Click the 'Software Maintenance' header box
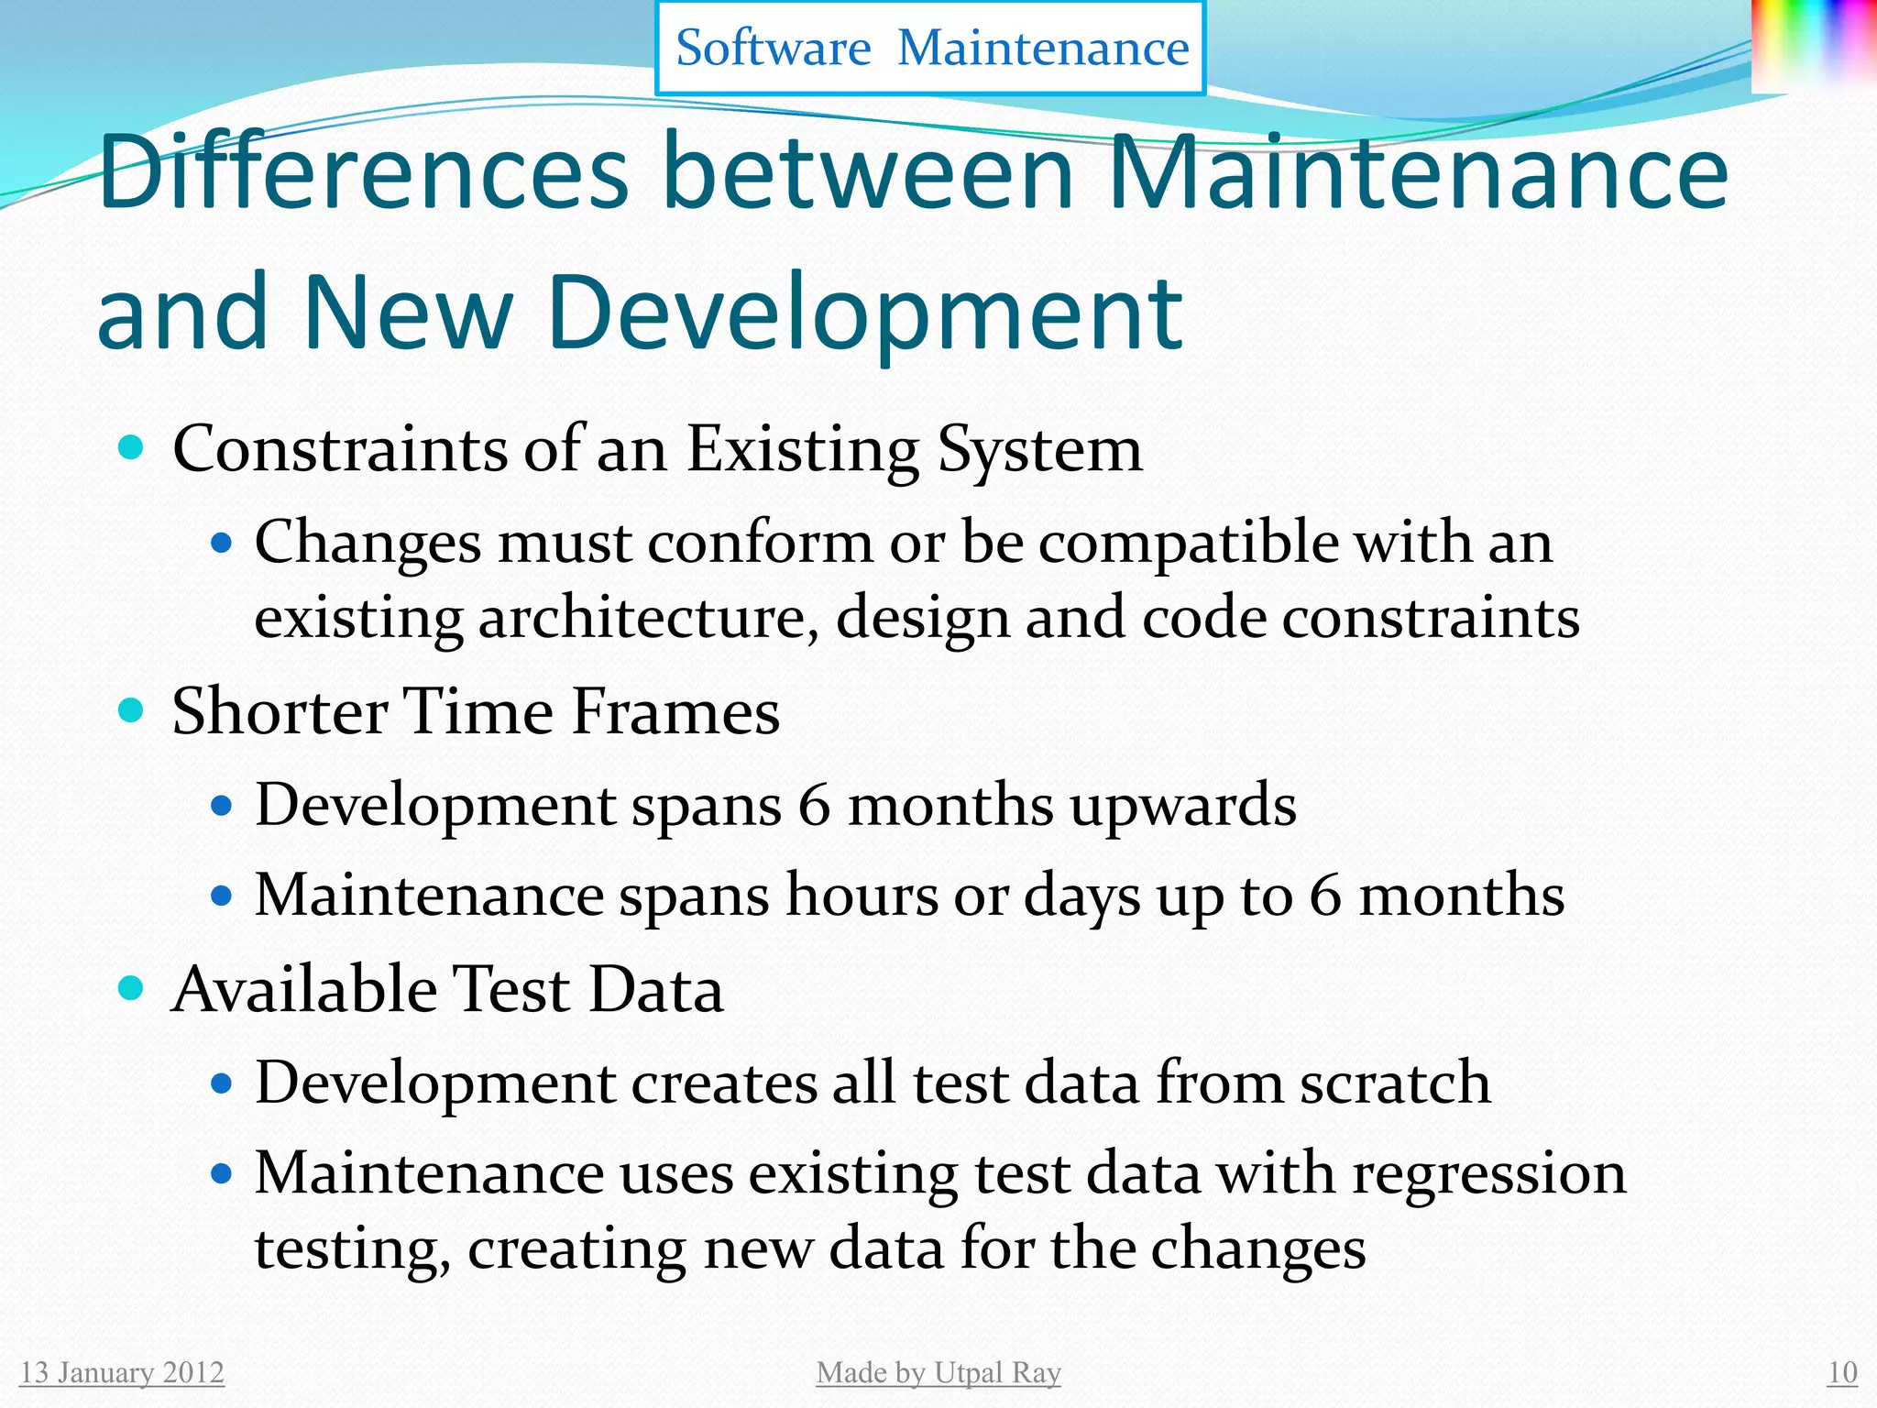click(x=930, y=48)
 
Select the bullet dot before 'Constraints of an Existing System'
click(x=132, y=448)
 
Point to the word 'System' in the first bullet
click(x=1040, y=450)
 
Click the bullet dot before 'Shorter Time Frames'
click(x=132, y=710)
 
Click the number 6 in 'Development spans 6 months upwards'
click(x=814, y=805)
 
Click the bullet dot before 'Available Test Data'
click(x=132, y=988)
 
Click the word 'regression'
click(x=1489, y=1173)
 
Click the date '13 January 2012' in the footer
click(x=122, y=1372)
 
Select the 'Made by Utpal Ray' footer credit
click(x=938, y=1372)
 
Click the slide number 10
click(x=1842, y=1372)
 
